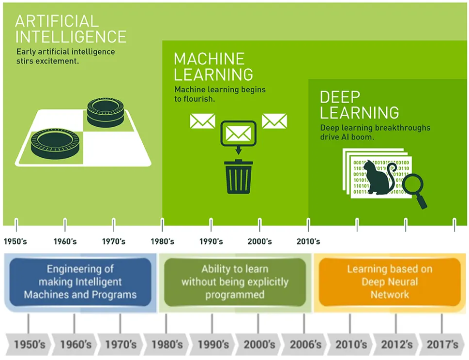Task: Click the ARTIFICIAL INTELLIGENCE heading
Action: coord(71,29)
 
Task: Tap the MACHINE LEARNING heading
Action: coord(213,67)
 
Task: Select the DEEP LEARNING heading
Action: coord(359,105)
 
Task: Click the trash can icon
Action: coord(239,177)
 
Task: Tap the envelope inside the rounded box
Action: coord(239,134)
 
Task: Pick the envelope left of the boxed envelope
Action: coord(202,121)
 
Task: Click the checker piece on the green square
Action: coord(55,144)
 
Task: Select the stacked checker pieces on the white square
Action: coord(106,112)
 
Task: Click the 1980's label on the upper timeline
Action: coord(163,241)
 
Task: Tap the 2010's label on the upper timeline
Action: coord(308,241)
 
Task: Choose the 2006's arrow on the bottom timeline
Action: coord(305,345)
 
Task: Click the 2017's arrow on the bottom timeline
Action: coord(442,345)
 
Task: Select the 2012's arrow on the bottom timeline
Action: coord(396,345)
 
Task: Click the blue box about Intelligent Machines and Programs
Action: coord(80,282)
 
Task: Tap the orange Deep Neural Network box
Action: coord(390,282)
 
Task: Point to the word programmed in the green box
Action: coord(235,295)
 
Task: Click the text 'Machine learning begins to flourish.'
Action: coord(220,94)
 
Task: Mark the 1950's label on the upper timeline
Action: coord(15,241)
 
